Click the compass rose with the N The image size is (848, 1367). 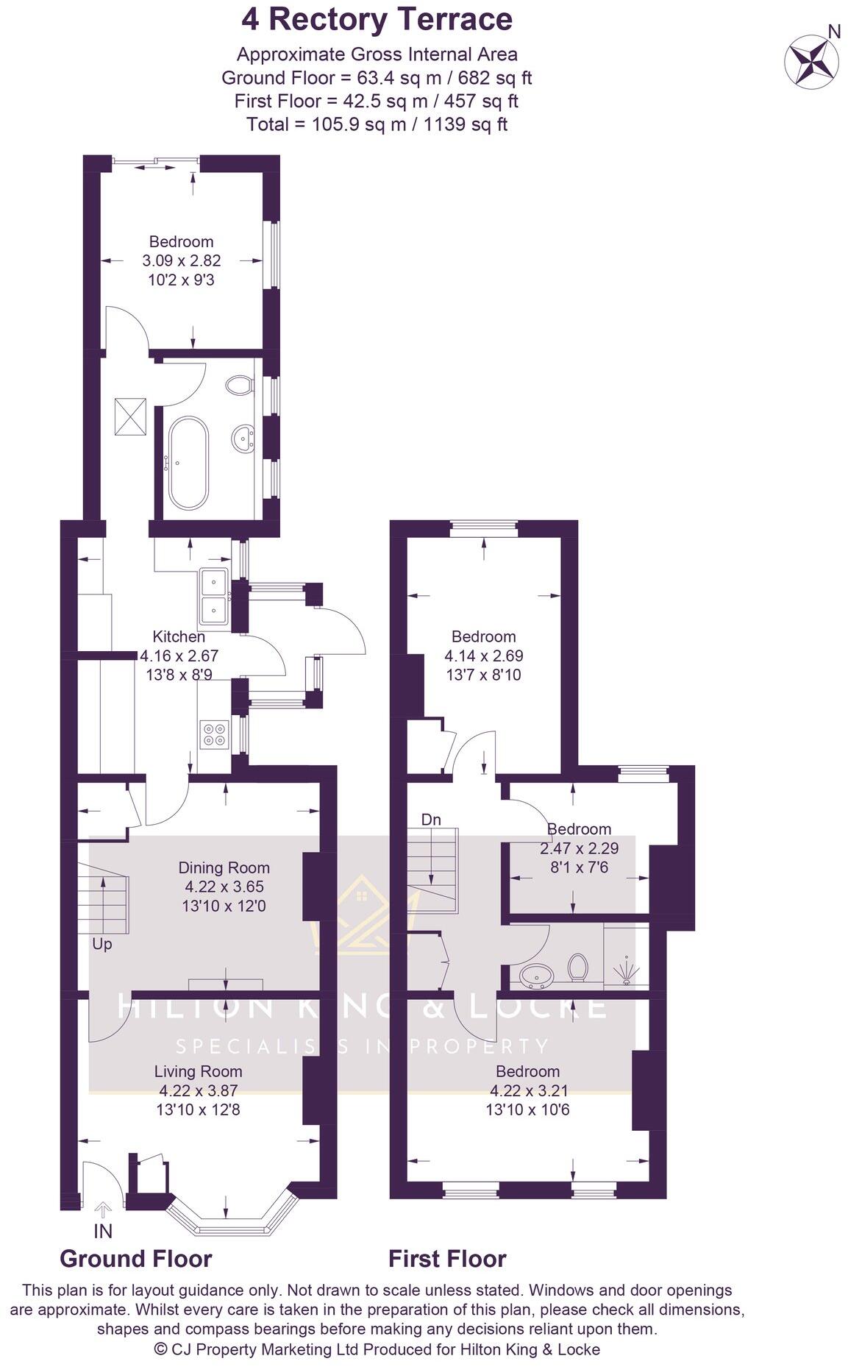click(x=811, y=60)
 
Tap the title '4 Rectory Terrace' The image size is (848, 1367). click(x=377, y=19)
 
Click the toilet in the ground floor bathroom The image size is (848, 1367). click(x=240, y=384)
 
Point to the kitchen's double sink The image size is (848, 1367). click(x=214, y=596)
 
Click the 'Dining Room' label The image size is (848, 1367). click(x=224, y=867)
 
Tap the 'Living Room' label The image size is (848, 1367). click(x=198, y=1071)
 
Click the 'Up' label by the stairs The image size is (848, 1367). click(x=102, y=944)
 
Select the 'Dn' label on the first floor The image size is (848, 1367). click(x=431, y=820)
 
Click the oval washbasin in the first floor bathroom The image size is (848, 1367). click(x=537, y=976)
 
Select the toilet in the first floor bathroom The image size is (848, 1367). click(x=578, y=967)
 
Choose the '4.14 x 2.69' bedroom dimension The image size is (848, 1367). click(x=484, y=656)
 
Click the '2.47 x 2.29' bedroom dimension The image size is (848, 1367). click(x=579, y=848)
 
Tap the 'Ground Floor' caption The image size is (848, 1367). click(x=136, y=1259)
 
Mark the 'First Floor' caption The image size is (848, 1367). click(x=447, y=1259)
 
